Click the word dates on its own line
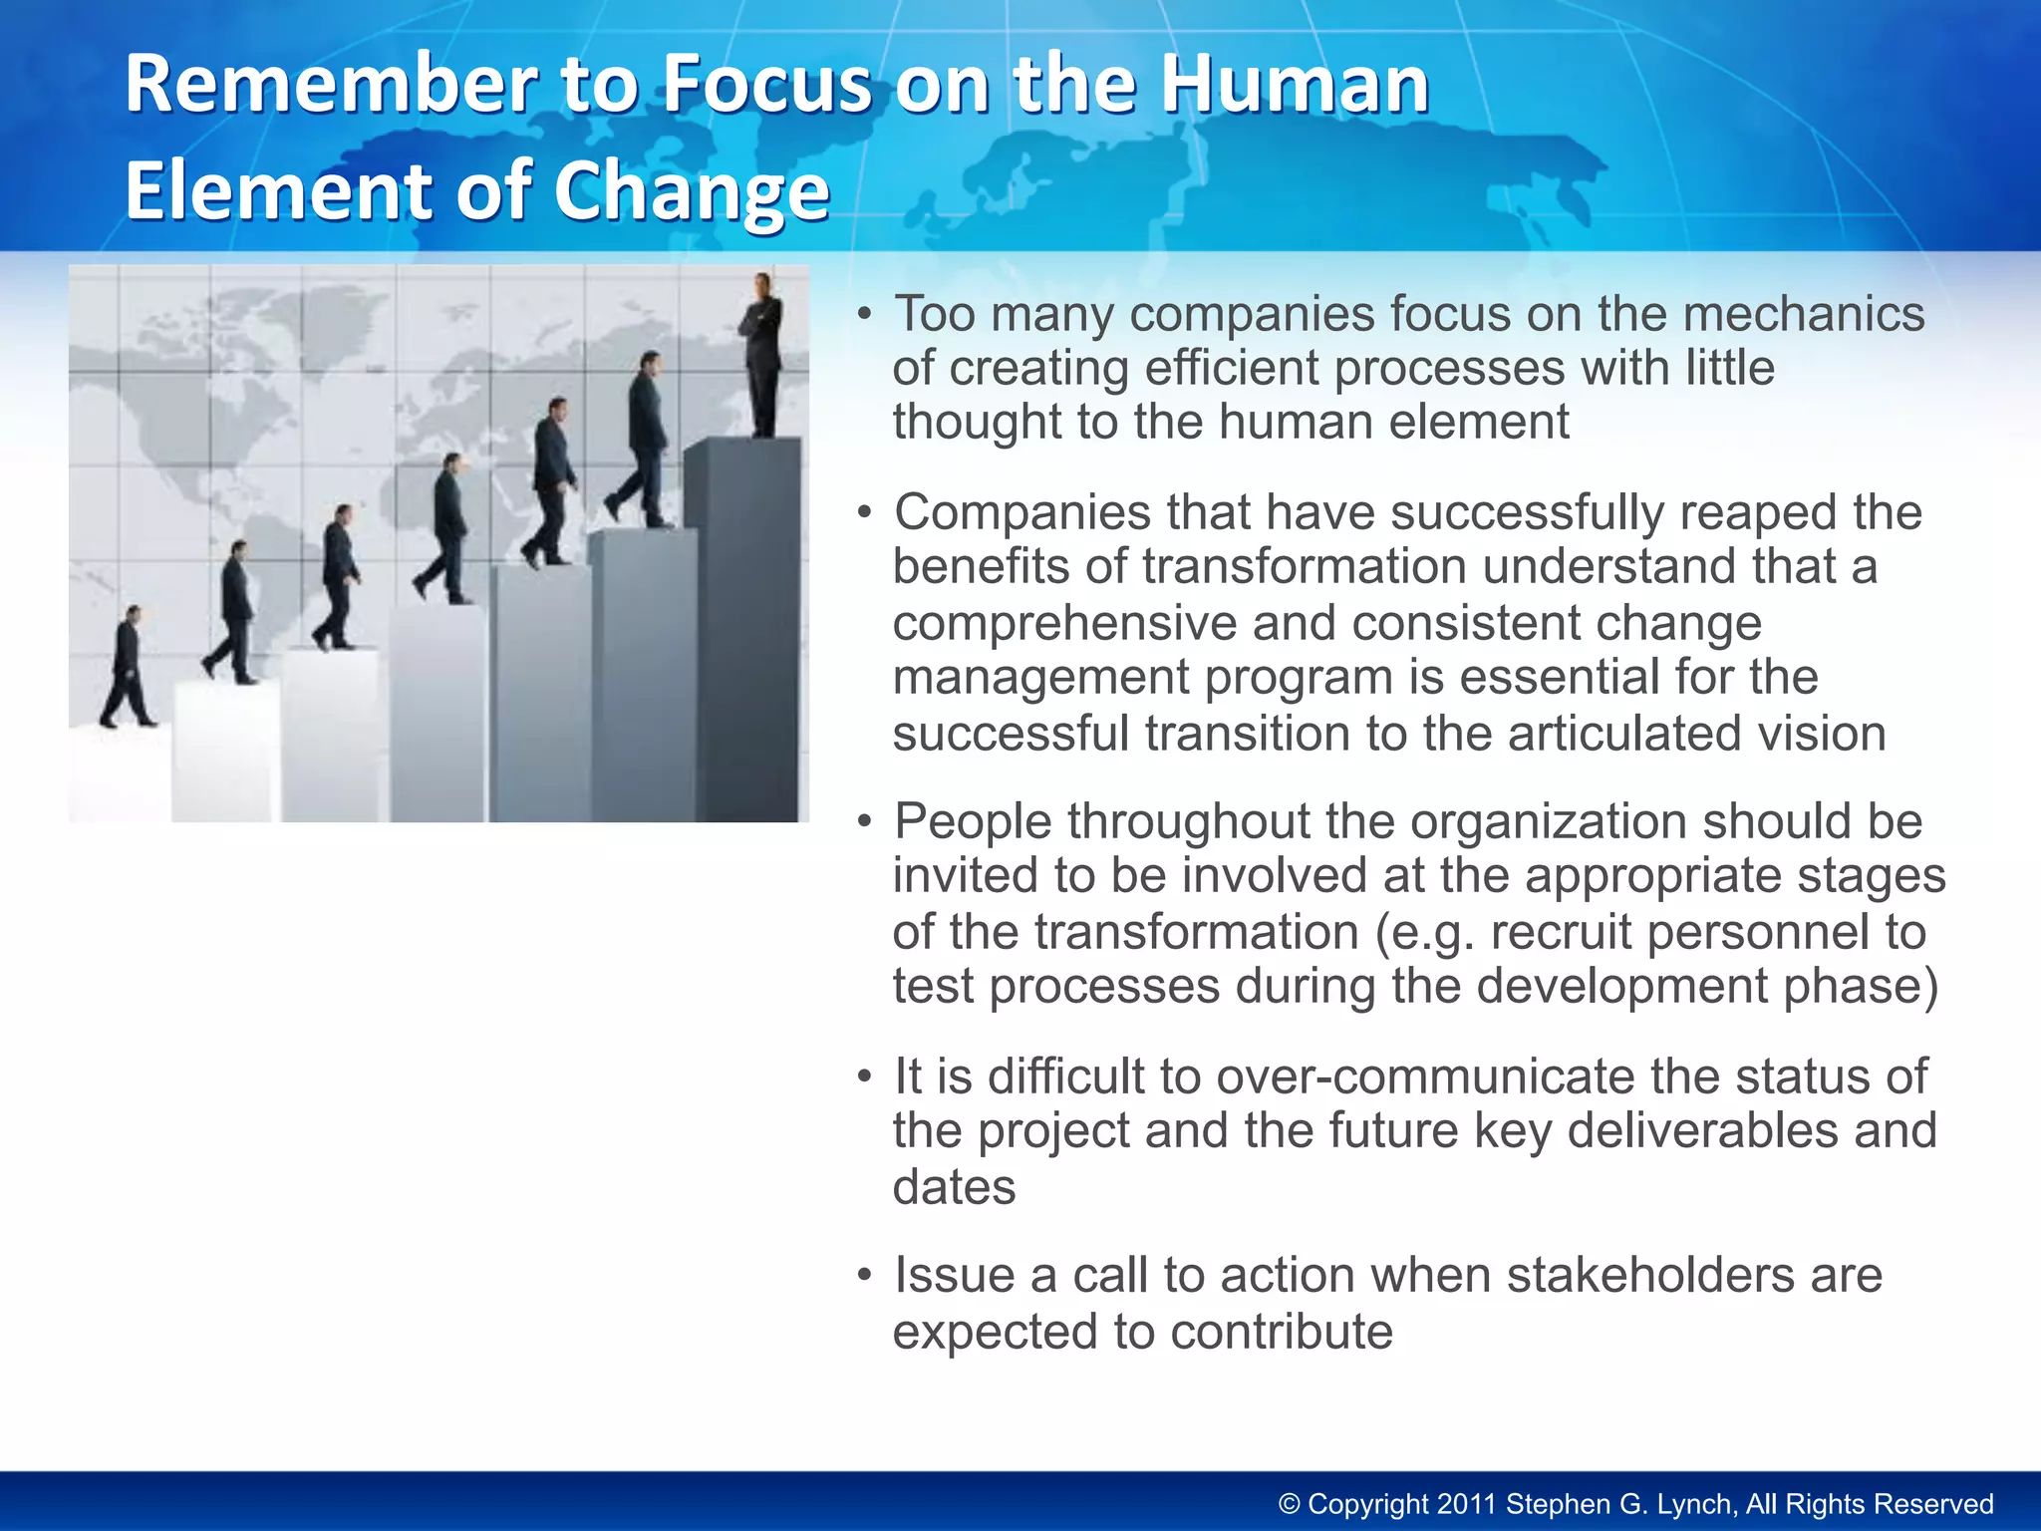tap(954, 1187)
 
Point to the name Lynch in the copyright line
tap(1698, 1504)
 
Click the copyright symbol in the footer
tap(1290, 1504)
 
